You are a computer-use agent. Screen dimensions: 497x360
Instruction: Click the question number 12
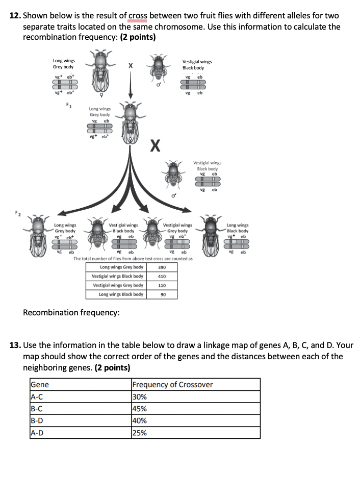(15, 16)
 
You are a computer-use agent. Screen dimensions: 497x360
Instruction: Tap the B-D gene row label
(36, 421)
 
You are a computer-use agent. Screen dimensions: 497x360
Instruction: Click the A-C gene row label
(36, 397)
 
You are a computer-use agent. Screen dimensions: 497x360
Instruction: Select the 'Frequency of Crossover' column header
(172, 385)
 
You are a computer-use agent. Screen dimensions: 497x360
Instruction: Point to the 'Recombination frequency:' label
(71, 312)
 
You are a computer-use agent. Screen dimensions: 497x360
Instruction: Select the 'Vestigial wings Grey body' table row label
(118, 285)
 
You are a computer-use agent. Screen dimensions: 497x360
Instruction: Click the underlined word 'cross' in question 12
(137, 16)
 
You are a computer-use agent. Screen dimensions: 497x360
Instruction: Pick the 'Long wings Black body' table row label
(121, 294)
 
